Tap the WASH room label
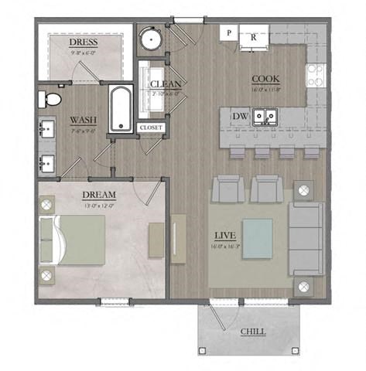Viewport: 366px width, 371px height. click(83, 120)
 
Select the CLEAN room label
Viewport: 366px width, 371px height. click(166, 84)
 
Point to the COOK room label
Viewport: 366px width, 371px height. click(266, 80)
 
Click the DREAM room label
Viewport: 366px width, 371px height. click(98, 194)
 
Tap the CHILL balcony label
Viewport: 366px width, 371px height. click(253, 331)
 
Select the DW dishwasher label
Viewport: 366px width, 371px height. click(239, 116)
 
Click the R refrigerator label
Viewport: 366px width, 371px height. click(253, 34)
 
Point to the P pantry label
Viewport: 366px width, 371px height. click(230, 33)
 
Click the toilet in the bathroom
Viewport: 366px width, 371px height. click(52, 99)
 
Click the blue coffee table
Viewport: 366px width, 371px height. click(257, 237)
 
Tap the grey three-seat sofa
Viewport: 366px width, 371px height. click(306, 239)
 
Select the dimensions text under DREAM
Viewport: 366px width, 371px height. click(98, 206)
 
